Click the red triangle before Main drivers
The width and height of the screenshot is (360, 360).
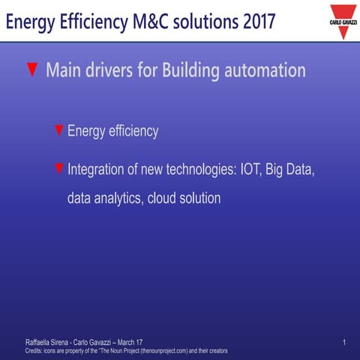[32, 70]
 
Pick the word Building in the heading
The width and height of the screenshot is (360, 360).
[185, 71]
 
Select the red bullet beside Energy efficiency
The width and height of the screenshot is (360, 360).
[59, 130]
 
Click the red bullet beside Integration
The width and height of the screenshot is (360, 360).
[59, 169]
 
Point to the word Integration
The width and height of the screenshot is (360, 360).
[97, 169]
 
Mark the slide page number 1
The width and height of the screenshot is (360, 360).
[343, 342]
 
